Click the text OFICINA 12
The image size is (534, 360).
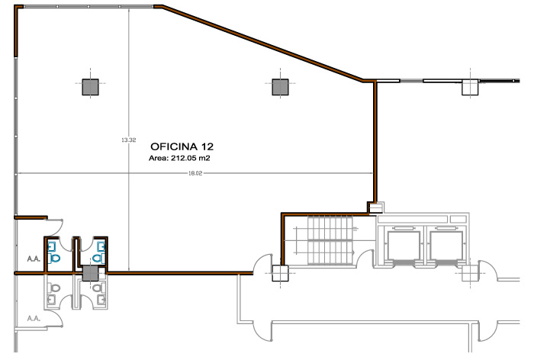pos(182,146)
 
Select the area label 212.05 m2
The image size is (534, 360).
pos(191,158)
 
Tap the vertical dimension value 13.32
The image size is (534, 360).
pos(129,140)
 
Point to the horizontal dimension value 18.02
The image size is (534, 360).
pos(195,173)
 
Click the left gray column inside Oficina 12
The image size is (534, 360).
pos(90,87)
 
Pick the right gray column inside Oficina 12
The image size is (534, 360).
pos(280,87)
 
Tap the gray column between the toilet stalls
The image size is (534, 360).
pos(91,274)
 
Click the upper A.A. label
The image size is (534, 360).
pos(34,259)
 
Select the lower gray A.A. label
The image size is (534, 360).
pos(34,319)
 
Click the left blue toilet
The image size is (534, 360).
pos(54,258)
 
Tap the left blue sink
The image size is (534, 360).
pos(51,246)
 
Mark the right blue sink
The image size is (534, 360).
pos(101,246)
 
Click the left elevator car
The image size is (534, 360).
pos(403,246)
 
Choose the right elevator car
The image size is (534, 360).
pos(446,246)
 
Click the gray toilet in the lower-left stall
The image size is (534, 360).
pos(54,288)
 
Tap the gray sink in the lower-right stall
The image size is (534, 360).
pos(101,300)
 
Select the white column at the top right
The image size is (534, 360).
pos(470,87)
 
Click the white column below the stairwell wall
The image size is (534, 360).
pos(280,274)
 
